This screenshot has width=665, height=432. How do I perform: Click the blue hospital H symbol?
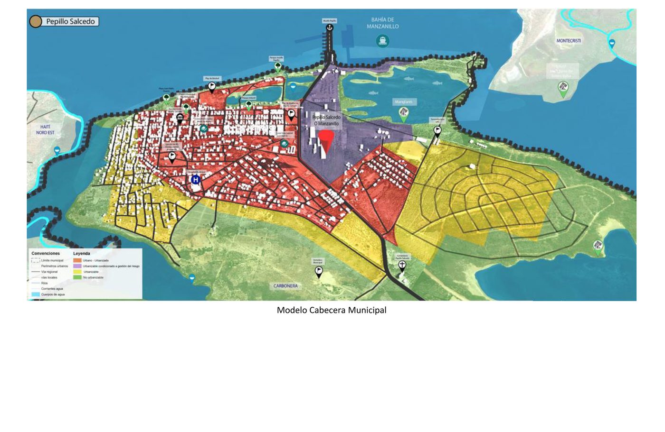click(195, 180)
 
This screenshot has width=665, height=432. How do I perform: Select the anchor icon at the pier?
click(330, 28)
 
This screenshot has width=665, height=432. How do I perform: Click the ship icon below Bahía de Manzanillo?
click(382, 41)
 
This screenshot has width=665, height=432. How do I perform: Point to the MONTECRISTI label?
click(569, 41)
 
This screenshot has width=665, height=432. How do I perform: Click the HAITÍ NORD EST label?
click(45, 130)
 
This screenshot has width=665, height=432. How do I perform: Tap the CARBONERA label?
click(285, 286)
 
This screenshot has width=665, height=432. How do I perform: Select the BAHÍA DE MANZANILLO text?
click(382, 23)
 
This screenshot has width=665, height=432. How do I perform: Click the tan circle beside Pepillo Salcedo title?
click(36, 21)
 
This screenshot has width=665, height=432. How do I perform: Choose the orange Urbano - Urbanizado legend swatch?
click(77, 260)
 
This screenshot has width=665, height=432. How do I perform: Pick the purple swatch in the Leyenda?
click(77, 266)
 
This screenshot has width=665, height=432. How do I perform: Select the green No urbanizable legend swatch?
click(77, 277)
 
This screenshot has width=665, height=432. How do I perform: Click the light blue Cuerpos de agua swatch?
click(36, 294)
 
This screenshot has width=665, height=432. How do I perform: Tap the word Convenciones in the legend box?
click(46, 253)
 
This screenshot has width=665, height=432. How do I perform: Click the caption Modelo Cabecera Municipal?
click(332, 310)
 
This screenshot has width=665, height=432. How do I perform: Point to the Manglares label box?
click(403, 102)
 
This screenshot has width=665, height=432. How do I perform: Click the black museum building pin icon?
click(180, 118)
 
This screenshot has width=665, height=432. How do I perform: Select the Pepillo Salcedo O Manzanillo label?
click(326, 120)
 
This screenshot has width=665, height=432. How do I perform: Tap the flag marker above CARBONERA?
click(319, 271)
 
